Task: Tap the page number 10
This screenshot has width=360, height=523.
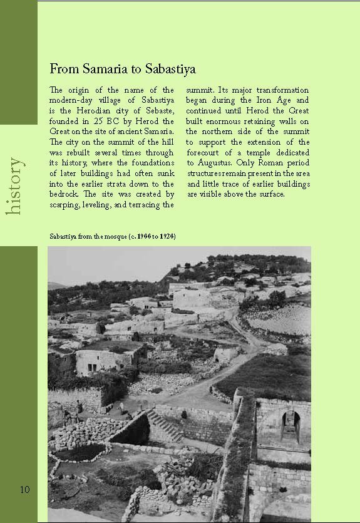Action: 24,489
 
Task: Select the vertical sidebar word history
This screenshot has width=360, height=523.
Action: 15,186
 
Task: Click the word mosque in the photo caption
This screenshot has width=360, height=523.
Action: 110,237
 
